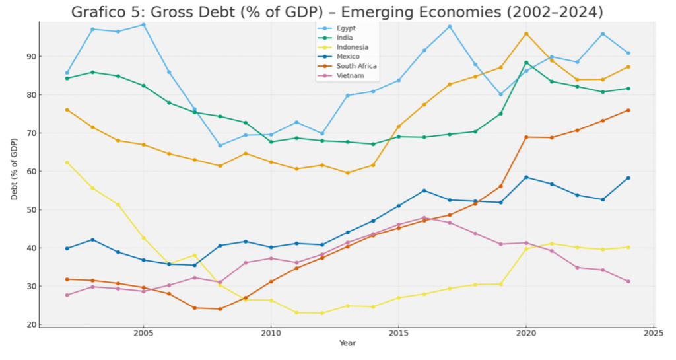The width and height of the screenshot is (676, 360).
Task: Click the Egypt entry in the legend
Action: pos(347,28)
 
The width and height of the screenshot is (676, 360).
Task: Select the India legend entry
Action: pos(345,38)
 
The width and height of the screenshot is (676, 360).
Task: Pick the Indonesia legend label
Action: pos(353,47)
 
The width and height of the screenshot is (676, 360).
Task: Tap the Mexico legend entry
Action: pos(348,56)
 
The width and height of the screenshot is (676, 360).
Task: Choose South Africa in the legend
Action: pos(356,66)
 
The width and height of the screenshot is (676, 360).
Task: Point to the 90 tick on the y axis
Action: pos(31,56)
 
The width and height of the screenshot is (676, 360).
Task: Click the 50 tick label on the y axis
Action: pos(31,210)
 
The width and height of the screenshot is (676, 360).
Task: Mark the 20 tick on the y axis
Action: pos(31,325)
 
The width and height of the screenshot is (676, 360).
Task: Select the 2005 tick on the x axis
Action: pos(143,334)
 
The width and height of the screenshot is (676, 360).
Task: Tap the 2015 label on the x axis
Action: pos(398,334)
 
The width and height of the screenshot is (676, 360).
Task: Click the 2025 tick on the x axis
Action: pos(654,334)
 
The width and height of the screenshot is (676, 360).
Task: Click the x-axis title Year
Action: pos(347,343)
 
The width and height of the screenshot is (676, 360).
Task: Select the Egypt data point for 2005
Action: pos(143,25)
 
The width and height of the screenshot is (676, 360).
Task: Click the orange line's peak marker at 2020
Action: pos(526,34)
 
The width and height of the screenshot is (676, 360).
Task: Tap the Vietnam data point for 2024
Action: pos(628,281)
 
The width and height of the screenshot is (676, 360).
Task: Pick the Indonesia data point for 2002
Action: pos(67,162)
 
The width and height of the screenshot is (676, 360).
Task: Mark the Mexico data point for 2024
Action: pos(628,178)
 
